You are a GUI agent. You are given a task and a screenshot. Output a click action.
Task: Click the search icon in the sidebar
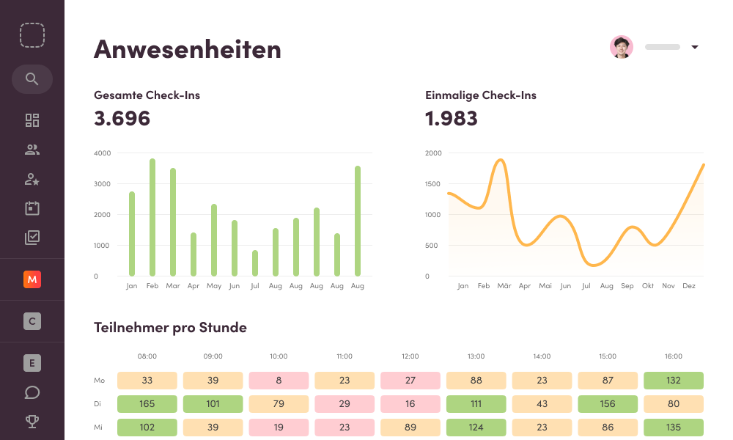click(x=32, y=79)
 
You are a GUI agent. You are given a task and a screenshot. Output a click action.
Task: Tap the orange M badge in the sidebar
click(x=32, y=279)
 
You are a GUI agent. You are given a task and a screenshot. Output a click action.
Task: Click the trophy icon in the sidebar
click(x=32, y=422)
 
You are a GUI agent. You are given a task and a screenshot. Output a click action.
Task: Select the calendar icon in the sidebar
click(x=32, y=208)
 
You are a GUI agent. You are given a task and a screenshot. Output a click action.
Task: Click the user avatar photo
click(x=622, y=47)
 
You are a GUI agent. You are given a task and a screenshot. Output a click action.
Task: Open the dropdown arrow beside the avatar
click(x=695, y=48)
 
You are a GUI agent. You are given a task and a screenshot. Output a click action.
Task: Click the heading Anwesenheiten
click(x=188, y=49)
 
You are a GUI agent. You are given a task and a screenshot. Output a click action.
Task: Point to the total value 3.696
click(x=122, y=118)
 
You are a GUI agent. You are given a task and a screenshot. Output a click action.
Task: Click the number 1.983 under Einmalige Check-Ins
click(x=452, y=118)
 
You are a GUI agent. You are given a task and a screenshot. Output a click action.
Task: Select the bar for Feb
click(x=152, y=217)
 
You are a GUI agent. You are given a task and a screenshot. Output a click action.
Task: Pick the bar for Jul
click(x=255, y=263)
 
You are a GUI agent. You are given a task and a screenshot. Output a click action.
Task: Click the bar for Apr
click(x=194, y=254)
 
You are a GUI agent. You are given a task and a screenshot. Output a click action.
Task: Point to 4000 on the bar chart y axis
click(x=102, y=153)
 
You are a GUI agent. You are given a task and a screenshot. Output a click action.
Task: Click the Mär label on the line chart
click(x=504, y=286)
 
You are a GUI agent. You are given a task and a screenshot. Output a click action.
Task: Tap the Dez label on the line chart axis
click(x=689, y=286)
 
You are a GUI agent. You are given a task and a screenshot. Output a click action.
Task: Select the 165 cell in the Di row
click(x=147, y=404)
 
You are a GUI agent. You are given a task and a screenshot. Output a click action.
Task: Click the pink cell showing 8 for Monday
click(x=279, y=381)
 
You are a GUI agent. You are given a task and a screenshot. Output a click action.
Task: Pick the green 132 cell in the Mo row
click(x=673, y=381)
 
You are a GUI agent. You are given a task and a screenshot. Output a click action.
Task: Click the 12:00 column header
click(x=410, y=356)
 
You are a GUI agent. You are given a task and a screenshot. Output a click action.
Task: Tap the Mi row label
click(x=99, y=427)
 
